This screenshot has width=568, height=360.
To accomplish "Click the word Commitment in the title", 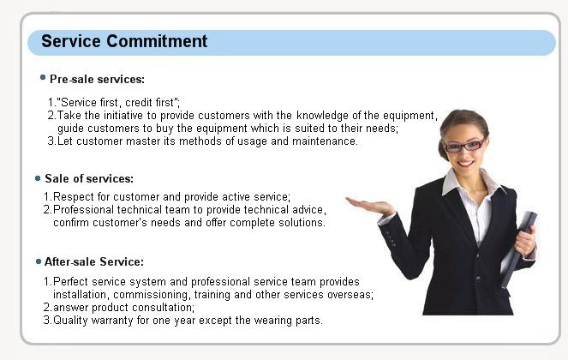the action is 157,41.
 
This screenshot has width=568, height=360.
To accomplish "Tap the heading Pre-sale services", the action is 97,79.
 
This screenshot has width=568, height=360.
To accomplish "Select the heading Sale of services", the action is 89,178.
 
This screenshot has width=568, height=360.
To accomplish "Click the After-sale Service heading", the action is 94,261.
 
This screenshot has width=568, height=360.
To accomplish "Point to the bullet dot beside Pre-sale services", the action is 43,77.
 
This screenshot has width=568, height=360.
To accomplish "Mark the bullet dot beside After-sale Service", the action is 39,261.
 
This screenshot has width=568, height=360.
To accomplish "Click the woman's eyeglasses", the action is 464,146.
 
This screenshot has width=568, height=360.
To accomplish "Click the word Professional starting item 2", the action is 83,209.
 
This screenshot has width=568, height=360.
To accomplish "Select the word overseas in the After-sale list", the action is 350,294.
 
